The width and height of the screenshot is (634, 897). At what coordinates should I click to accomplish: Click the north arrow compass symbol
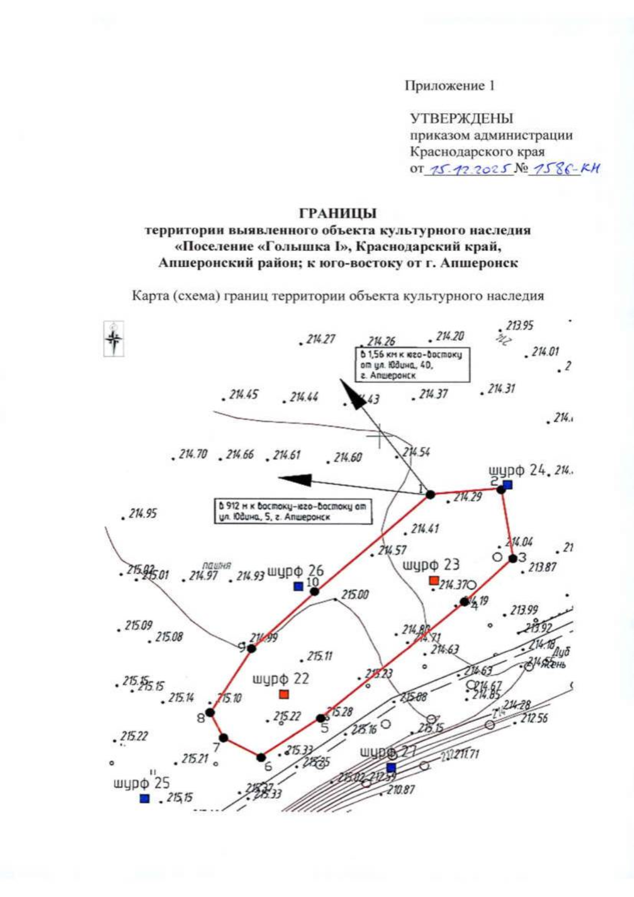(x=114, y=339)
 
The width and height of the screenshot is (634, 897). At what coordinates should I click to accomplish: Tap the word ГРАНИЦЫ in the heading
(x=338, y=213)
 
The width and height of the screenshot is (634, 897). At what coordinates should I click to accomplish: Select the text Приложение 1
(x=450, y=86)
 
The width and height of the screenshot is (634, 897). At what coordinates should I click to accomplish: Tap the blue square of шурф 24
(x=508, y=484)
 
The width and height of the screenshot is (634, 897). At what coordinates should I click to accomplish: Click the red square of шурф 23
(x=434, y=581)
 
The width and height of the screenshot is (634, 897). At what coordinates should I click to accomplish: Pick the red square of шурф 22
(x=284, y=694)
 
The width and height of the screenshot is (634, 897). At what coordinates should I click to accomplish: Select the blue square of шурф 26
(x=299, y=586)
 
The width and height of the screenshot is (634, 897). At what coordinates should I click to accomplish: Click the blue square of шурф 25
(x=144, y=798)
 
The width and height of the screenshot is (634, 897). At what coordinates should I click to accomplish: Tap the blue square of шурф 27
(x=391, y=768)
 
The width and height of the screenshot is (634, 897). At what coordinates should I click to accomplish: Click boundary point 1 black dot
(x=431, y=494)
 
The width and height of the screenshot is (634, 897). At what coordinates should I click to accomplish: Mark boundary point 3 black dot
(x=512, y=558)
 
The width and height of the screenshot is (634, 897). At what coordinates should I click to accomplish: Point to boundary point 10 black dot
(x=314, y=591)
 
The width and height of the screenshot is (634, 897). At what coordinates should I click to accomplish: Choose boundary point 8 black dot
(x=210, y=713)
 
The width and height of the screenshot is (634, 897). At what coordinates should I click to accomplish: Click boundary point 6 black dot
(x=261, y=758)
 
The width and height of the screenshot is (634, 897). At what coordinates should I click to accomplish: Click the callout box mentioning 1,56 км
(x=412, y=365)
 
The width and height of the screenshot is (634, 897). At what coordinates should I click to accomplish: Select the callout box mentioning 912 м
(x=293, y=511)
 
